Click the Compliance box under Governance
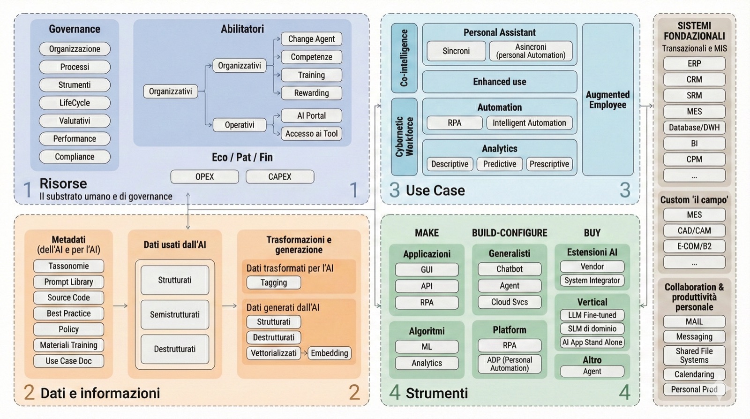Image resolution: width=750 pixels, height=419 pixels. [75, 157]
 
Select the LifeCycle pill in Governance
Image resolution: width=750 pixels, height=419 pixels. [75, 103]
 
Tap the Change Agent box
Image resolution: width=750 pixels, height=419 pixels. [311, 39]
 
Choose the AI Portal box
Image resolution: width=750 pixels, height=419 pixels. [311, 116]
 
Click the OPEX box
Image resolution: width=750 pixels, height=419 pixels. [204, 177]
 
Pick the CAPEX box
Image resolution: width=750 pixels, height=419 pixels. [280, 177]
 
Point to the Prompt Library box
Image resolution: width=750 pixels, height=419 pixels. [68, 282]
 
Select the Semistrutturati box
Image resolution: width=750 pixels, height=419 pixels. [175, 314]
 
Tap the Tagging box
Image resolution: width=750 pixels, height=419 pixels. [274, 282]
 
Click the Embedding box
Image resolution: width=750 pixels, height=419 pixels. [330, 353]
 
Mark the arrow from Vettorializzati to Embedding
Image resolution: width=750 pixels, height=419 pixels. [304, 353]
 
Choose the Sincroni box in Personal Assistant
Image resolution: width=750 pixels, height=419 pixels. [456, 51]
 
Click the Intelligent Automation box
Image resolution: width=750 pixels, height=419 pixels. [529, 123]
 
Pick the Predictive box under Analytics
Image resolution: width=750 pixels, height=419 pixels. [500, 164]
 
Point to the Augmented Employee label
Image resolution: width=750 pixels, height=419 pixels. [607, 100]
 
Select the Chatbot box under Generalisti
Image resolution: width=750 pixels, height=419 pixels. [510, 269]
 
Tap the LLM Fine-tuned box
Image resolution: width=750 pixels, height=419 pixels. [592, 315]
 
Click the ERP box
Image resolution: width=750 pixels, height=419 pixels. [694, 64]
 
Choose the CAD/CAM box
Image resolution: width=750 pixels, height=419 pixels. [694, 231]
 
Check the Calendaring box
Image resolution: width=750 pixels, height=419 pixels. [694, 374]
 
